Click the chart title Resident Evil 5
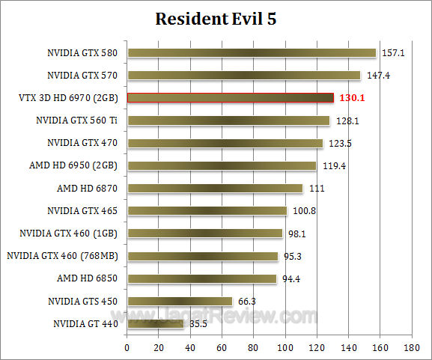click(216, 19)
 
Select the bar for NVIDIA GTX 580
click(251, 52)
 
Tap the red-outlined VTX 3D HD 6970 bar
click(230, 97)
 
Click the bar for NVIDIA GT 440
click(155, 324)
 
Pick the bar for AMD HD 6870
click(215, 188)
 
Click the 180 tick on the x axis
click(411, 347)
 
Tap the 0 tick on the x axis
click(127, 347)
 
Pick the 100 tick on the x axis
click(285, 347)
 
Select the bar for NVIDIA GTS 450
click(180, 302)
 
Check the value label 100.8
click(303, 211)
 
